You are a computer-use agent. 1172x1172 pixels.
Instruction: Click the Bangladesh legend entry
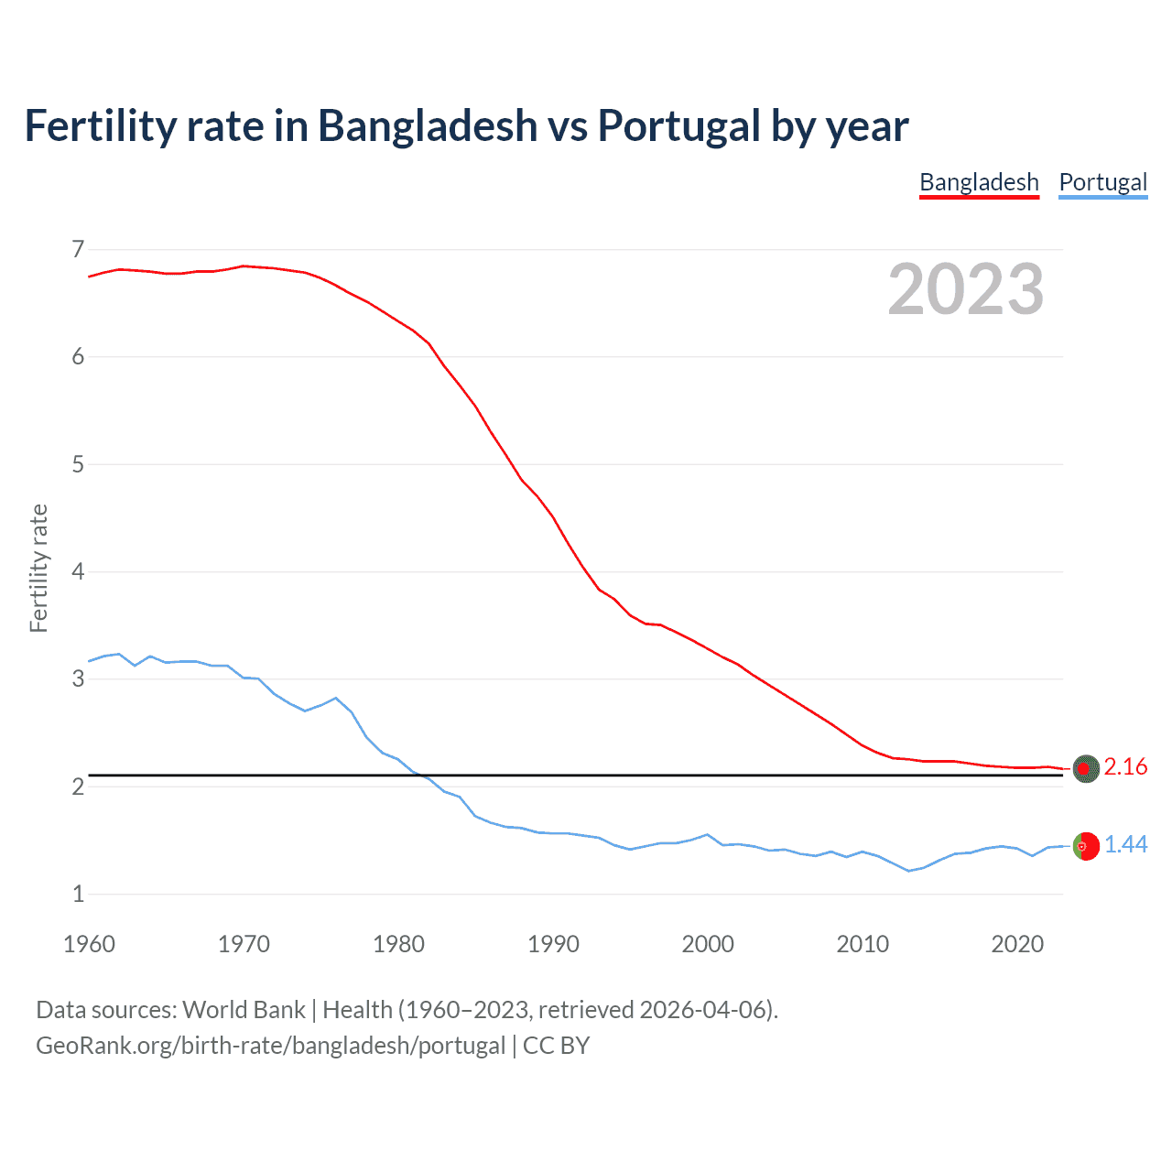point(979,182)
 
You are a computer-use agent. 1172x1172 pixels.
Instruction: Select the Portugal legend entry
point(1102,182)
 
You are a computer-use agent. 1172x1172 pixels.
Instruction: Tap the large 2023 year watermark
point(965,289)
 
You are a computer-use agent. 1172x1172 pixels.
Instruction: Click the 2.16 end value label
point(1125,767)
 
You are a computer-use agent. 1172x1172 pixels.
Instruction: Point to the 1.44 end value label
point(1125,845)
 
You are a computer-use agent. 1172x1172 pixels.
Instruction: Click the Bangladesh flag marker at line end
point(1086,769)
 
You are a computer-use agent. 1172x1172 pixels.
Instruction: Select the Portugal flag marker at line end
point(1086,846)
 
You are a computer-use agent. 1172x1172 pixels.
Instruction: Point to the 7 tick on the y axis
point(78,250)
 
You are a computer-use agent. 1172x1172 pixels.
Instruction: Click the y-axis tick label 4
point(78,572)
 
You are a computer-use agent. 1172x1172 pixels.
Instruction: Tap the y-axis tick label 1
point(78,895)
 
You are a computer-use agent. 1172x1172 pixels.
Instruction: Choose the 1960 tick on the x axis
point(89,944)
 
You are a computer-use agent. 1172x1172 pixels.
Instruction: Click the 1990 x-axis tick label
point(553,944)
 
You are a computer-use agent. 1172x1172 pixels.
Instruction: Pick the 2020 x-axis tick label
point(1017,944)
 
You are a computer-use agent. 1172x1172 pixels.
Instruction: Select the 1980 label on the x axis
point(398,944)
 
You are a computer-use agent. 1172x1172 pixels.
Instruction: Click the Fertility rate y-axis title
point(38,568)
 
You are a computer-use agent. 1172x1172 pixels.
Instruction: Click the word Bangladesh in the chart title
point(428,126)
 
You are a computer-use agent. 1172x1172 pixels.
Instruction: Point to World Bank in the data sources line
point(244,1010)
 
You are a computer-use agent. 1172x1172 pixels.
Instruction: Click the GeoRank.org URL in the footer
point(270,1046)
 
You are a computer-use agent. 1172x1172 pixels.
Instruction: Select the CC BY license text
point(556,1046)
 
